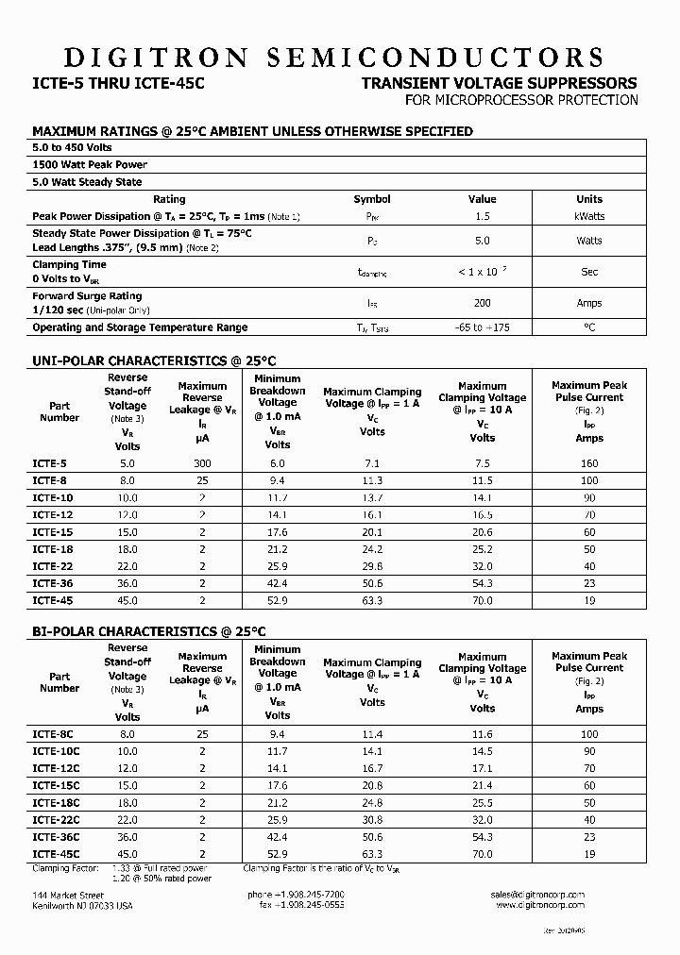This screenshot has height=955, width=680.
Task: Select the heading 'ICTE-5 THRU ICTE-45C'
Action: coord(118,83)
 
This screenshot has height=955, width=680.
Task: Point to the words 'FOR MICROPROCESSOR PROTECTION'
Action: coord(521,100)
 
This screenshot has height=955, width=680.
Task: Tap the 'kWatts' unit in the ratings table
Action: coord(589,216)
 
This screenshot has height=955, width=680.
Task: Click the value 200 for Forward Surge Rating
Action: coord(482,303)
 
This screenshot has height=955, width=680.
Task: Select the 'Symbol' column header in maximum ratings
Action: coord(372,199)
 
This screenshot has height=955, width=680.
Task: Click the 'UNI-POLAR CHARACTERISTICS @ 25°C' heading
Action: coord(154,360)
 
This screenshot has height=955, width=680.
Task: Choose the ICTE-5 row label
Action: coord(49,463)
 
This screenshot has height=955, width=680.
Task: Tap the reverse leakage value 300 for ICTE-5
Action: coord(202,463)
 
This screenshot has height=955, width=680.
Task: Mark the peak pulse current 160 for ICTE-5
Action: coord(589,463)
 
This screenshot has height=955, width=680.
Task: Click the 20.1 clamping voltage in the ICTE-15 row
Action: coord(372,531)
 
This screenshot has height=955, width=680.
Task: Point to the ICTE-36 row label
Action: coord(52,582)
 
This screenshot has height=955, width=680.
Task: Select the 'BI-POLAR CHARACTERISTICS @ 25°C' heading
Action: coord(150,631)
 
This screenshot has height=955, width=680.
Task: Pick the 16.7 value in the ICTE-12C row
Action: coord(372,768)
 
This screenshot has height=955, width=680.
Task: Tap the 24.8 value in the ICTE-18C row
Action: coord(372,802)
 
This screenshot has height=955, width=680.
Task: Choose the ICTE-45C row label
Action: coord(56,853)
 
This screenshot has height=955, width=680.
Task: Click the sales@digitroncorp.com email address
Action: coord(538,894)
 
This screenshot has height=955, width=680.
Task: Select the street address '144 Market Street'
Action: coord(68,894)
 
